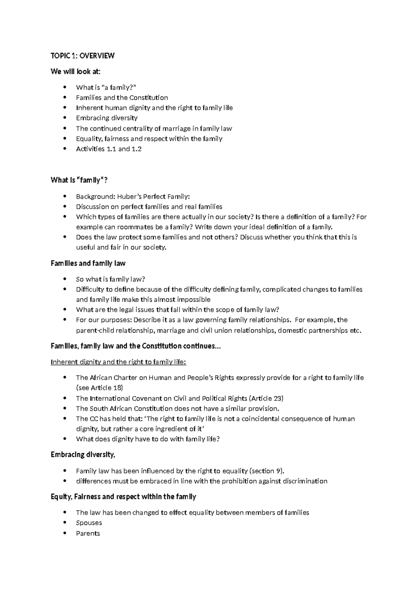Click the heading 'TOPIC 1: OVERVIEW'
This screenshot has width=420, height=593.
(83, 56)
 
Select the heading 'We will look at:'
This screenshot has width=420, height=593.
(75, 72)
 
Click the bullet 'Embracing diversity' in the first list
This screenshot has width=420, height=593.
(107, 118)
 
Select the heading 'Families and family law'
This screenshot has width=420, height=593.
(88, 263)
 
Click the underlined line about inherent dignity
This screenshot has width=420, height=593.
(118, 362)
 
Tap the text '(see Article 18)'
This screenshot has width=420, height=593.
(99, 388)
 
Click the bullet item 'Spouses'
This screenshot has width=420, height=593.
(89, 523)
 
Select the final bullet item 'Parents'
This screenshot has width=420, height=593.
(88, 533)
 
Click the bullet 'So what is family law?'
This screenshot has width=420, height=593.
(110, 279)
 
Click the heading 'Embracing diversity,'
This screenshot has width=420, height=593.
(83, 455)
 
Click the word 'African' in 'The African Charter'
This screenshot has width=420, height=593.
(101, 378)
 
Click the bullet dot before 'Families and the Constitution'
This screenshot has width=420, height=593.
(65, 98)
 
